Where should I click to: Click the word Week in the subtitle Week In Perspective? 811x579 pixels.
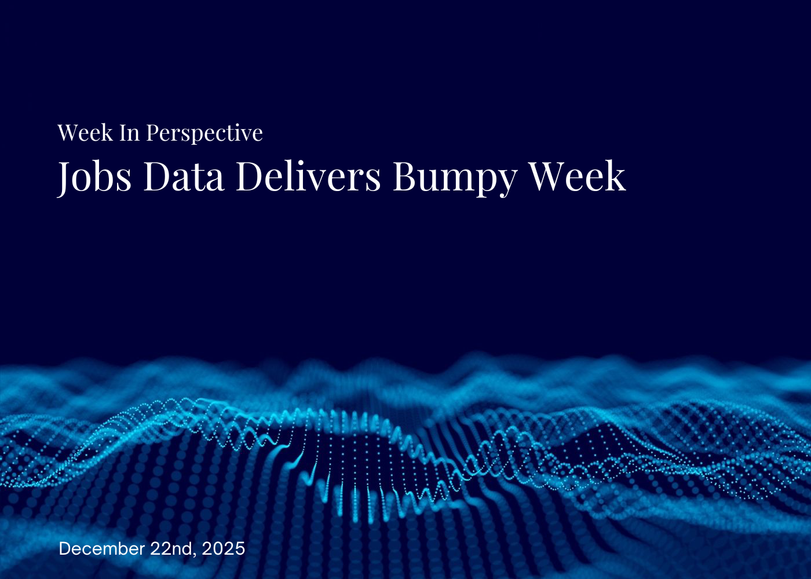click(85, 133)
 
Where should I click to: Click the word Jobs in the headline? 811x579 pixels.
click(94, 176)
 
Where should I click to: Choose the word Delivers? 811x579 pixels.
click(308, 176)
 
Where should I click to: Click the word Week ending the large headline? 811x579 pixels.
click(578, 176)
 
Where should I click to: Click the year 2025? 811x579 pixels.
click(224, 548)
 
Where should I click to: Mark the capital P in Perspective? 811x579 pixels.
click(152, 133)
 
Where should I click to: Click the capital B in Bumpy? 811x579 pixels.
click(404, 176)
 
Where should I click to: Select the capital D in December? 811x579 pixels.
click(65, 548)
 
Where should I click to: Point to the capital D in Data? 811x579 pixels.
click(156, 176)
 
